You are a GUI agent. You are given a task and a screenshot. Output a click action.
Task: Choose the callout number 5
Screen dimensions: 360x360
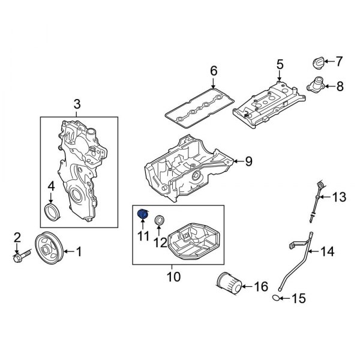(x=279, y=64)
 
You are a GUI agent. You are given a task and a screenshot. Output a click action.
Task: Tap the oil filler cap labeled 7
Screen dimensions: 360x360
(x=318, y=62)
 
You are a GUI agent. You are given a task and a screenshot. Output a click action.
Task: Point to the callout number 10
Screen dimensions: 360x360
(x=173, y=277)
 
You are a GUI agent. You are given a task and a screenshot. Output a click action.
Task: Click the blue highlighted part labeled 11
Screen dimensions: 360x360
(x=143, y=214)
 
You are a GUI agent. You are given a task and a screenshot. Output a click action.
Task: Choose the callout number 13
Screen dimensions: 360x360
(x=340, y=196)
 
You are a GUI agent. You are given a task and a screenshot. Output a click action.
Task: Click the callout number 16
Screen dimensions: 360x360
(x=261, y=287)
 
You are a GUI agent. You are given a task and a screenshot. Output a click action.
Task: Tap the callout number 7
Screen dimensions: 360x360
(x=338, y=61)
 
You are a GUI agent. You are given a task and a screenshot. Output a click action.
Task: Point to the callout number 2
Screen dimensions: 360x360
(x=17, y=237)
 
